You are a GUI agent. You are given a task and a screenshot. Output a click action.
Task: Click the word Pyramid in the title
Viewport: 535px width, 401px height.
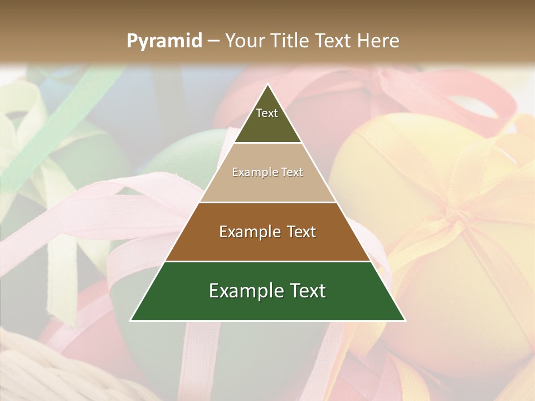164,41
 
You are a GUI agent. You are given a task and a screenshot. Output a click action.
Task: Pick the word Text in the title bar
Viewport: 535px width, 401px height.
333,41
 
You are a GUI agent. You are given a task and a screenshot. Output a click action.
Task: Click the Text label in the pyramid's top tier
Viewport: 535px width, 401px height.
267,113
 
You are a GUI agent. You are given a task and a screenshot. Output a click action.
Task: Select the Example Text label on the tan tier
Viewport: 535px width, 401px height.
267,172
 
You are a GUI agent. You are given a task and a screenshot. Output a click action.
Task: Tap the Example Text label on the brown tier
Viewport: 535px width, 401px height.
267,231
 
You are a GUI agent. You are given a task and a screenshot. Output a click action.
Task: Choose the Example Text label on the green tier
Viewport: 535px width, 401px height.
267,291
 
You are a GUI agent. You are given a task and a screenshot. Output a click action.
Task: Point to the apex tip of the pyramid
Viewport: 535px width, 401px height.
268,85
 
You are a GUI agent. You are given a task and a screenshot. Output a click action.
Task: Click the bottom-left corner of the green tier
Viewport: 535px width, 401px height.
132,320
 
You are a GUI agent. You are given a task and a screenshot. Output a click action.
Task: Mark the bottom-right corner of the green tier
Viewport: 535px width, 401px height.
404,320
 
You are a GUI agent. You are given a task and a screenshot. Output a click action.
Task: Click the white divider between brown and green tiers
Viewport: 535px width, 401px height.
267,261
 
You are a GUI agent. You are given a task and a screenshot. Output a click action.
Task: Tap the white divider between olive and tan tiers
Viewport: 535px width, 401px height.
267,143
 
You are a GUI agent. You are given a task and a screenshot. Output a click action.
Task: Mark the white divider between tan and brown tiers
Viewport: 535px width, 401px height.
267,202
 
